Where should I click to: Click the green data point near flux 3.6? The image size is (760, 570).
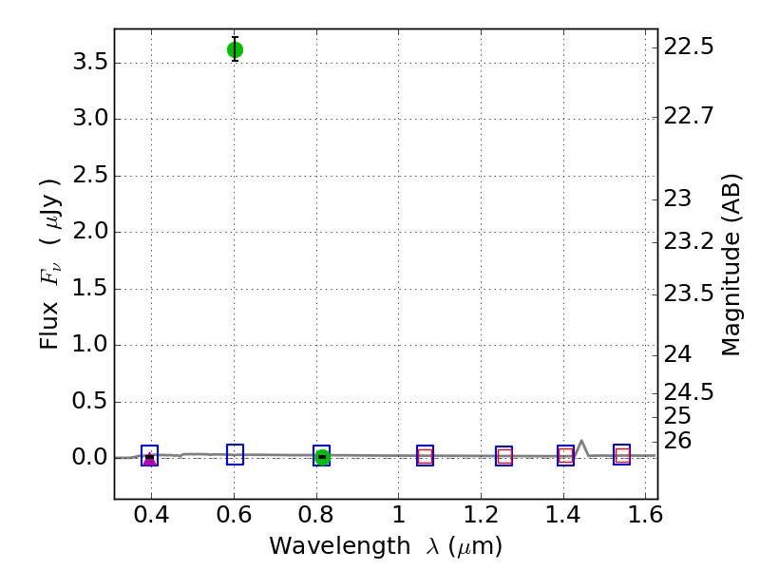[x=235, y=49]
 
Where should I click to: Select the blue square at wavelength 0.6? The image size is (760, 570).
[x=235, y=455]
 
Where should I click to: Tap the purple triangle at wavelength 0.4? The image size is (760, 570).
[x=149, y=460]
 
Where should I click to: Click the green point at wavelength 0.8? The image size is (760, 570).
[x=322, y=457]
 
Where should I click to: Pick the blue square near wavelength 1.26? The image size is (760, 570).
[x=503, y=456]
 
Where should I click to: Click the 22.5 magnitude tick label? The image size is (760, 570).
[x=689, y=47]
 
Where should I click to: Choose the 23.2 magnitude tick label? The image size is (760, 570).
[x=689, y=241]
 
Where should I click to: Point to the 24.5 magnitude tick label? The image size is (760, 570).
[x=689, y=391]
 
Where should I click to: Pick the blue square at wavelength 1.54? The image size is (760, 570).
[x=622, y=455]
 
